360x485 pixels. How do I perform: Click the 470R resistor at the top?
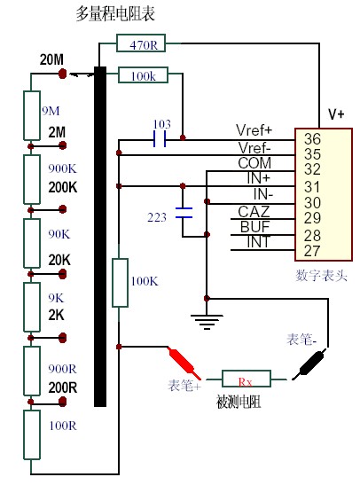141,43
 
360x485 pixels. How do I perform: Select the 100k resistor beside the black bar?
143,74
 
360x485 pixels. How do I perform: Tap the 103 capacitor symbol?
160,139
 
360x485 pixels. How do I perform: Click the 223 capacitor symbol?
184,213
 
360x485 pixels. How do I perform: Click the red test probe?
184,363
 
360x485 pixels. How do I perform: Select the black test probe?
309,364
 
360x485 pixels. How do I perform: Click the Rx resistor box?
247,379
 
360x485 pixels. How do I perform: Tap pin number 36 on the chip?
312,138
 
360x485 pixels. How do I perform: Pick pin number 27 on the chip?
312,251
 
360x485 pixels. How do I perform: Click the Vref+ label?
254,130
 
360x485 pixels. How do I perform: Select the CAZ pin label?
254,212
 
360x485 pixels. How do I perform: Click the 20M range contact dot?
62,74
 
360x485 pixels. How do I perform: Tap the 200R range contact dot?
62,402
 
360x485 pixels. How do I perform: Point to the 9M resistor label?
51,111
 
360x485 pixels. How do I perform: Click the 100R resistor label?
63,426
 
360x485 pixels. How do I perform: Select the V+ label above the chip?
336,114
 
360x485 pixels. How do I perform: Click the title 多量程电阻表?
115,14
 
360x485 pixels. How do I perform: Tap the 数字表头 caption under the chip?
321,275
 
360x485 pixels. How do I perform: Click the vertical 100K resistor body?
120,283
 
